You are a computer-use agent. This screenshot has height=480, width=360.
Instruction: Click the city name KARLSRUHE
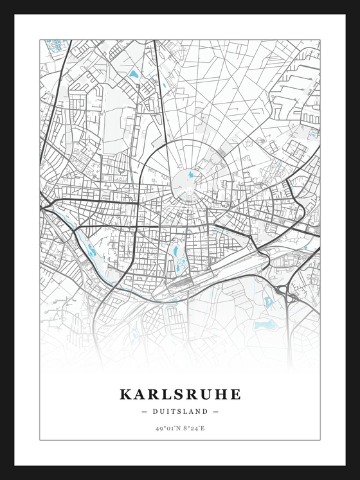click(x=180, y=394)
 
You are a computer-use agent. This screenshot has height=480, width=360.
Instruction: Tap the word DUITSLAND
click(x=180, y=411)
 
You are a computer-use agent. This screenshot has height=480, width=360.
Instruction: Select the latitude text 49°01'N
click(x=167, y=428)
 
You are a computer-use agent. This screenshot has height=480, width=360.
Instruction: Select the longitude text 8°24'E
click(x=193, y=428)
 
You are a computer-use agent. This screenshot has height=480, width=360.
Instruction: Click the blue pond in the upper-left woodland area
click(x=134, y=75)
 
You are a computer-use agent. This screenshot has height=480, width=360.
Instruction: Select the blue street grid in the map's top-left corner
click(x=56, y=46)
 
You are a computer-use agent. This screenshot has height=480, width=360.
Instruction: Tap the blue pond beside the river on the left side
click(x=92, y=252)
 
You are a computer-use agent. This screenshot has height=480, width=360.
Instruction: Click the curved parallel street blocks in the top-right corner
click(x=296, y=96)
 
